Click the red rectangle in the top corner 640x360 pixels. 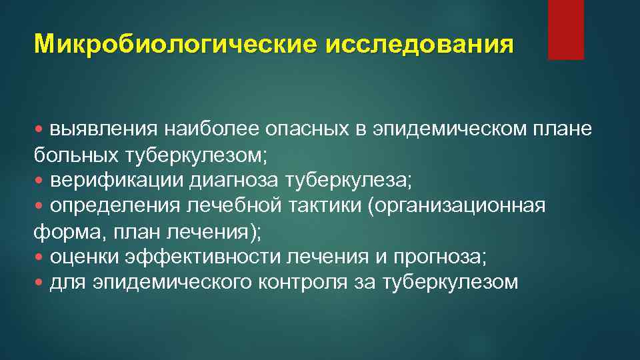pos(565,29)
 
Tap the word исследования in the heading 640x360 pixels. pos(420,45)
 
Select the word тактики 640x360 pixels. pos(325,205)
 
